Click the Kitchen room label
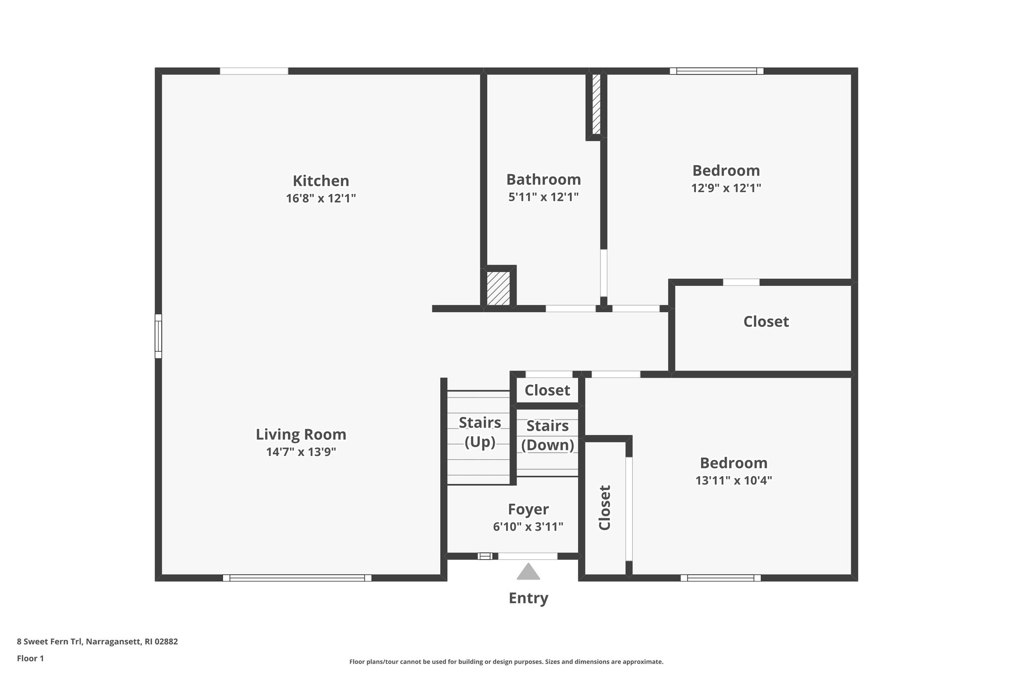321,180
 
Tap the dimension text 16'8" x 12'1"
321,199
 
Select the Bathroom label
543,179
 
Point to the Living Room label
301,435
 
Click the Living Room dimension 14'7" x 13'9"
301,452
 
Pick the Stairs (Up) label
479,432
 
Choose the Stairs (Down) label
547,435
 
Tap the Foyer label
528,509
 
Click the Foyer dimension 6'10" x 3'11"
528,527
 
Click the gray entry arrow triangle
528,573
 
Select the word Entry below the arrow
528,598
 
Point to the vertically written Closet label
604,507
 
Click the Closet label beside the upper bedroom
766,322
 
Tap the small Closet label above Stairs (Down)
547,391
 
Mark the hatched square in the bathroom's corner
498,288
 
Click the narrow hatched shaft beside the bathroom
596,104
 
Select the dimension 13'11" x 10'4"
734,481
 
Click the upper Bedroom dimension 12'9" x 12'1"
726,188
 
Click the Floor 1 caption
31,659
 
